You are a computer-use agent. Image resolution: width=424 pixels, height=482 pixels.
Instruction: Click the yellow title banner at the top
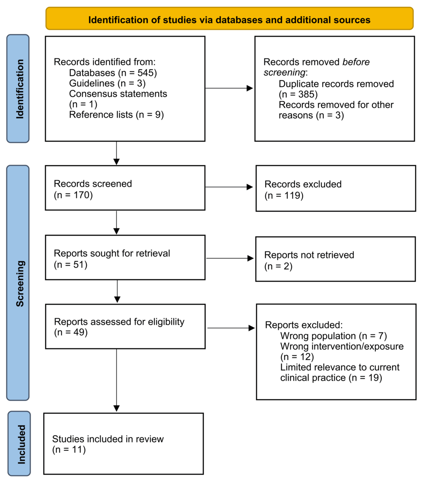(229, 19)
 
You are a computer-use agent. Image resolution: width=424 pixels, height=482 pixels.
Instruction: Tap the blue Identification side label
(18, 88)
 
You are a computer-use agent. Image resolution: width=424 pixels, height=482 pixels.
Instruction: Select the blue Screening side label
(18, 283)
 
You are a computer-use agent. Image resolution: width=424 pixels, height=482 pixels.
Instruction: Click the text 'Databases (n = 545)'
(113, 73)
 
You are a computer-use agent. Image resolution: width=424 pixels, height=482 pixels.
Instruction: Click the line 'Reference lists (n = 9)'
(116, 115)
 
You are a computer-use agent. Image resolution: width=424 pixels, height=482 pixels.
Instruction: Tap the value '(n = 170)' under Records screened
(74, 194)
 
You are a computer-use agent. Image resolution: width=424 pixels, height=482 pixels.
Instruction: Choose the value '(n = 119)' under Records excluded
(284, 195)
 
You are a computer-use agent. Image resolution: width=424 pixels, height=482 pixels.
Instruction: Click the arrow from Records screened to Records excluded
(230, 187)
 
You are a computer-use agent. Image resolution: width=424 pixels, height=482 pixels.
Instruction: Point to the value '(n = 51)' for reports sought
(71, 264)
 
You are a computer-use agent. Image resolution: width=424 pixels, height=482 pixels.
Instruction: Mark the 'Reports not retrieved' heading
(309, 255)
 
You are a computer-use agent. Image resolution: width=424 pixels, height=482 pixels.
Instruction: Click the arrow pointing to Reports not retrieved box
(230, 258)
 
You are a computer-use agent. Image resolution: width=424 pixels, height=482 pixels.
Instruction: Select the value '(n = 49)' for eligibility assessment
(71, 332)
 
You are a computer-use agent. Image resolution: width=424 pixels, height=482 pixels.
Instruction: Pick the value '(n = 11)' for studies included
(69, 450)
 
